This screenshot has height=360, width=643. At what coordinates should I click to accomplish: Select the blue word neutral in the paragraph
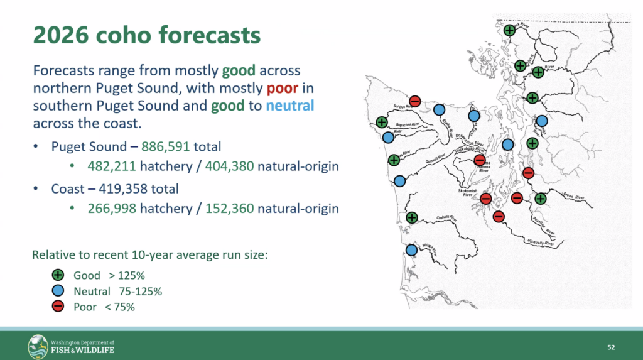coord(289,105)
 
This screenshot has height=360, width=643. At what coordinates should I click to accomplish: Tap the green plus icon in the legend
coord(58,275)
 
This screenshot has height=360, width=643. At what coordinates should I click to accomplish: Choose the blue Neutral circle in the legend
coord(58,291)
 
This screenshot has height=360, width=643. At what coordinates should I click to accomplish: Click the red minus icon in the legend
coord(58,307)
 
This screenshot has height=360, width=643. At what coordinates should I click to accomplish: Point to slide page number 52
coord(611,347)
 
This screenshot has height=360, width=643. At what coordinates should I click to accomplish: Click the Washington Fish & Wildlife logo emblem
coord(38,346)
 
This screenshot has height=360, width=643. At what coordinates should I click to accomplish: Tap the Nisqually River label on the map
coord(541,241)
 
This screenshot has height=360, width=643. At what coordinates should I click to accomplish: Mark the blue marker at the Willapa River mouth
coord(412,250)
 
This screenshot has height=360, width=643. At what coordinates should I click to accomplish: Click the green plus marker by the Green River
coord(541,199)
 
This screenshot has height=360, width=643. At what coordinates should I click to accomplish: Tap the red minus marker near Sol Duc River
coord(414,101)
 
